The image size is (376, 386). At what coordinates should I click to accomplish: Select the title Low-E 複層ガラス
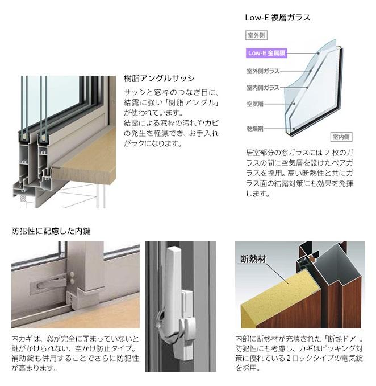click(x=277, y=18)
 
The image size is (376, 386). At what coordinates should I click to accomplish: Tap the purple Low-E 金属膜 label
click(x=266, y=53)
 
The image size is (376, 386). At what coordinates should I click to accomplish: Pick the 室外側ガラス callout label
click(x=262, y=71)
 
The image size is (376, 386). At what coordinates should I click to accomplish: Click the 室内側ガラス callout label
click(x=262, y=88)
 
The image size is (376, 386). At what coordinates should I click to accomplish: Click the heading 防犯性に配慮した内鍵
click(x=51, y=231)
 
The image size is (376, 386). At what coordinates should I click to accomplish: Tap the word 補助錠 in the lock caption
click(x=22, y=358)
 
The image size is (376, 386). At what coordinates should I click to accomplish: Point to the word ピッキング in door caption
click(x=335, y=348)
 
